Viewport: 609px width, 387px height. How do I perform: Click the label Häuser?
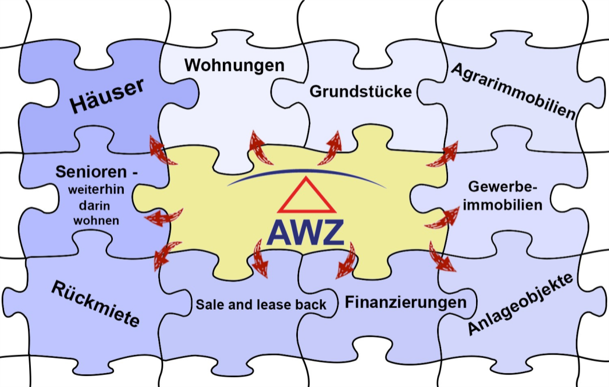pos(107,96)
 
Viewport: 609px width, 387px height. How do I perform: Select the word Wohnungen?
pos(234,65)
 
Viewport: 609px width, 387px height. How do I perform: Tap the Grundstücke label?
pos(360,91)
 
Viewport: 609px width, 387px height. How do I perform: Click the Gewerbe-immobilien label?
pos(502,196)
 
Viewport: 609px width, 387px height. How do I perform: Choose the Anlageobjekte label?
pos(520,305)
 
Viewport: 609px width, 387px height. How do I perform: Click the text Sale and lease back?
pos(261,304)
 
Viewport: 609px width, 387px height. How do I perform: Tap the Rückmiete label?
pos(95,304)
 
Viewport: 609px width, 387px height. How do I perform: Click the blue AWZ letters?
pos(305,231)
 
